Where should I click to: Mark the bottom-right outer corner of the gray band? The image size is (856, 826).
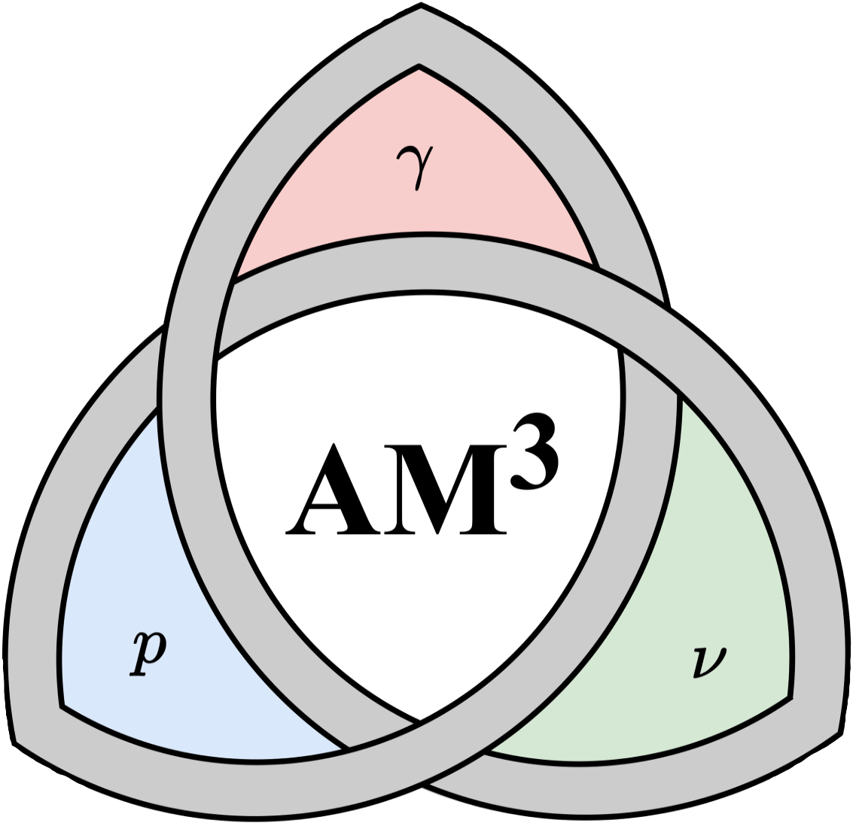click(840, 732)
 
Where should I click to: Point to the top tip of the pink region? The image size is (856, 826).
click(419, 68)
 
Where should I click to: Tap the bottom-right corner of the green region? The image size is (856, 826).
click(790, 697)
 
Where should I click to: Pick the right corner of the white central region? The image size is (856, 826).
click(620, 348)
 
